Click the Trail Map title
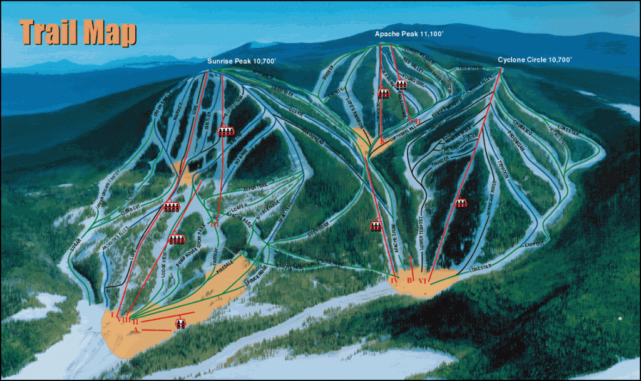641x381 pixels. (78, 33)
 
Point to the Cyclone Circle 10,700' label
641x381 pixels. (535, 60)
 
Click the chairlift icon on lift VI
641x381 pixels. (461, 202)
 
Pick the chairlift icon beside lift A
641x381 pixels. (180, 323)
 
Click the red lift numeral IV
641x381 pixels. (394, 281)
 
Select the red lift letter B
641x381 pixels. (410, 279)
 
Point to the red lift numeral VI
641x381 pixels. (424, 280)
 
